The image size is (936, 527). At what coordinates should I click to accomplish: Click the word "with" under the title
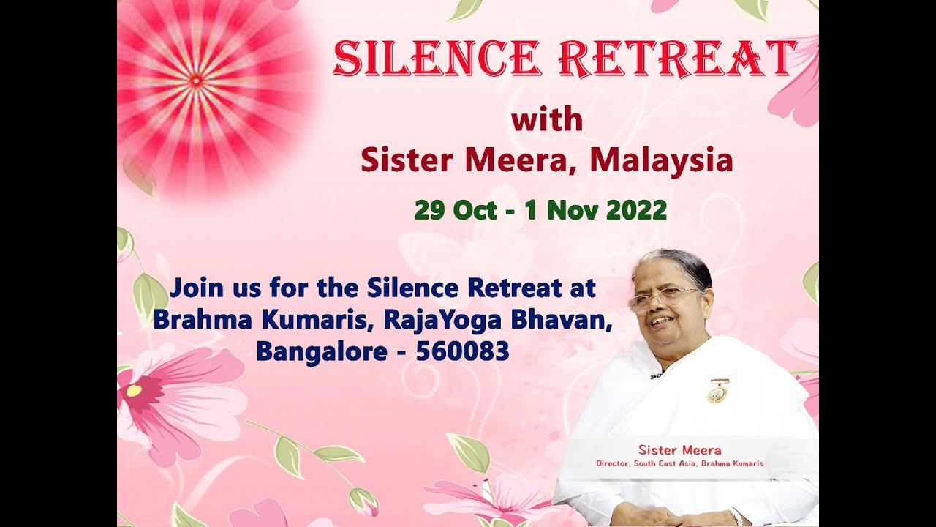(547, 119)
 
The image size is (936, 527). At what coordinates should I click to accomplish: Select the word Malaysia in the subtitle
(662, 161)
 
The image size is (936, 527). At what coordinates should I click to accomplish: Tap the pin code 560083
(462, 351)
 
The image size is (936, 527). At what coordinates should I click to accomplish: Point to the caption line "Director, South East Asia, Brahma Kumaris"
(679, 463)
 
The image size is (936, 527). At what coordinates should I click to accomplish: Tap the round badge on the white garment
(717, 393)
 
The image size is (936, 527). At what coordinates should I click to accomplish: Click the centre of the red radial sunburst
(197, 79)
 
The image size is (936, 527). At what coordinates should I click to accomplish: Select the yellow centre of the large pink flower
(134, 390)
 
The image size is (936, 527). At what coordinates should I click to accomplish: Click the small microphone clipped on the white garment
(655, 376)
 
